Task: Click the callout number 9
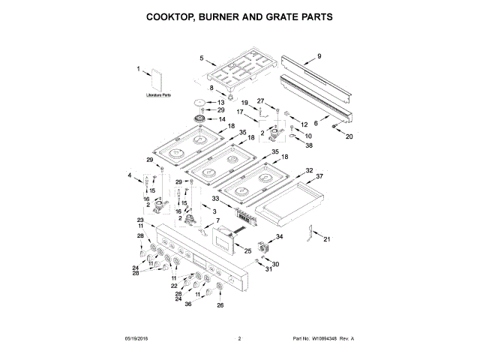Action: [x=318, y=56]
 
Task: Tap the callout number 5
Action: [x=202, y=58]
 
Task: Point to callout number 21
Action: [x=326, y=239]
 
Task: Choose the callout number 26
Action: [x=220, y=305]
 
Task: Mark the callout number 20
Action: [x=348, y=137]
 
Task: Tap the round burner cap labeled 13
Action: [x=199, y=101]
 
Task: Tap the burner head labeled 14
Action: [x=200, y=120]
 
